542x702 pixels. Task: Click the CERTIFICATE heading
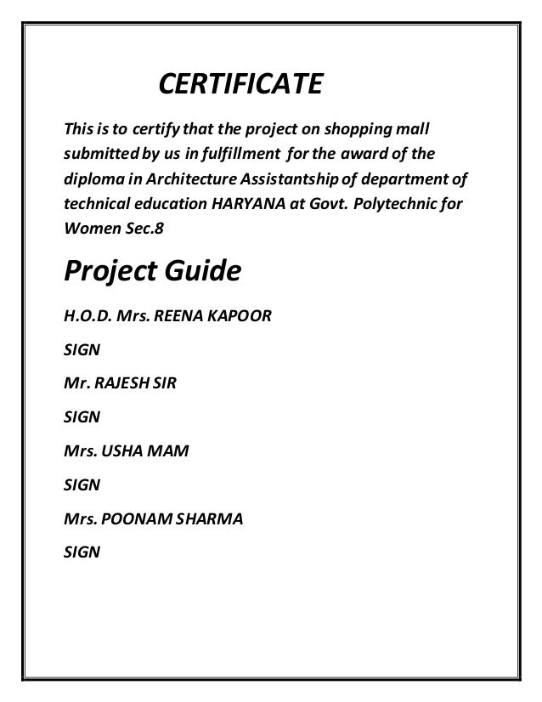click(242, 85)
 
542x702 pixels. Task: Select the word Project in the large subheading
click(105, 273)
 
